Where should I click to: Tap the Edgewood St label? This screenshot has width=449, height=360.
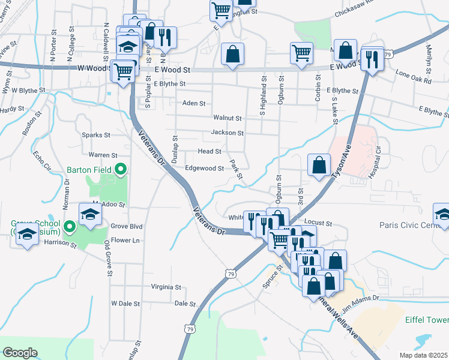pyautogui.click(x=204, y=169)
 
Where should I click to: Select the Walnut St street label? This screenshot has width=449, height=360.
pyautogui.click(x=227, y=118)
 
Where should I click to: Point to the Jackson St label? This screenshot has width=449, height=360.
pyautogui.click(x=227, y=133)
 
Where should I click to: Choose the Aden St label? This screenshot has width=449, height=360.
pyautogui.click(x=194, y=103)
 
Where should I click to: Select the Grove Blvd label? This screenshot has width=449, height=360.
pyautogui.click(x=127, y=226)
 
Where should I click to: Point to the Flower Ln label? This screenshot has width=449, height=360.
pyautogui.click(x=125, y=240)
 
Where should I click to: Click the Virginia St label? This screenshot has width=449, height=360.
pyautogui.click(x=166, y=287)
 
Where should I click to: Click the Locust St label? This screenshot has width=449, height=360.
pyautogui.click(x=319, y=223)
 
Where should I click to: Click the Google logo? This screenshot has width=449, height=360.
pyautogui.click(x=20, y=353)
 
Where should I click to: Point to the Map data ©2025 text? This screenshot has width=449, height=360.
pyautogui.click(x=423, y=355)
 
